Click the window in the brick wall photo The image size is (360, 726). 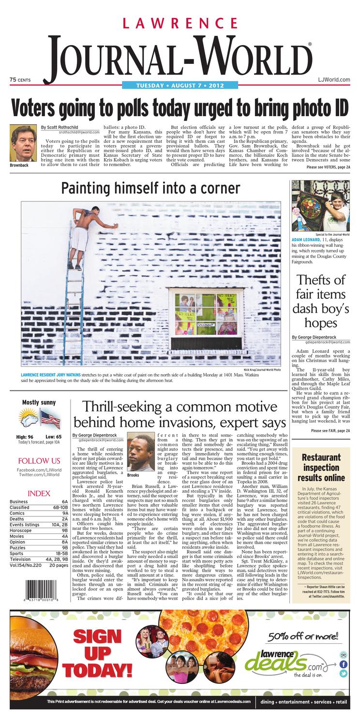pyautogui.click(x=199, y=313)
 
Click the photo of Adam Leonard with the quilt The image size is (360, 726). pyautogui.click(x=320, y=205)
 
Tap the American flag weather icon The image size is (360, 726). pyautogui.click(x=50, y=419)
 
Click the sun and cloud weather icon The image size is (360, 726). pyautogui.click(x=29, y=419)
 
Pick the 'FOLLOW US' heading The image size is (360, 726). pyautogui.click(x=39, y=461)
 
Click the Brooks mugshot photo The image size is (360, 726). pyautogui.click(x=140, y=451)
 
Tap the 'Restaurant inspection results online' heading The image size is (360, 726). pyautogui.click(x=320, y=468)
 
